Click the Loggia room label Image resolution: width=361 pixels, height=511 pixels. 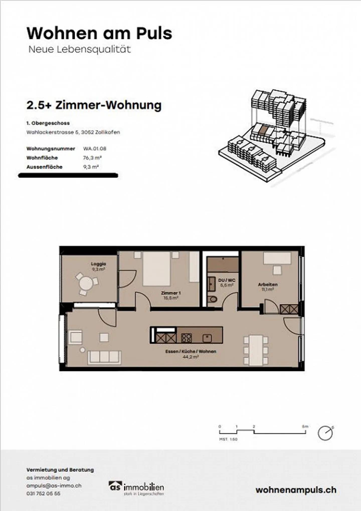pyautogui.click(x=98, y=264)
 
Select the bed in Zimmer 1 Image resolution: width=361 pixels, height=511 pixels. pyautogui.click(x=156, y=269)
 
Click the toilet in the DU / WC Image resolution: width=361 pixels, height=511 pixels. pyautogui.click(x=213, y=299)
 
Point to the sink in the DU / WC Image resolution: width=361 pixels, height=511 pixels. pyautogui.click(x=211, y=284)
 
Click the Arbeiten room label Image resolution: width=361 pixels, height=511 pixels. pyautogui.click(x=267, y=284)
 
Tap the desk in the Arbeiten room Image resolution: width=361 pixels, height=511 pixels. pyautogui.click(x=277, y=258)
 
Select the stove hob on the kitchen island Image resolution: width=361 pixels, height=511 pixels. pyautogui.click(x=186, y=338)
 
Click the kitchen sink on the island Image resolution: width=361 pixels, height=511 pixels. pyautogui.click(x=207, y=338)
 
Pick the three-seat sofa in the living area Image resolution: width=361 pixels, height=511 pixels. pyautogui.click(x=104, y=357)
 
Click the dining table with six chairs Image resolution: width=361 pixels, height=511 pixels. pyautogui.click(x=256, y=350)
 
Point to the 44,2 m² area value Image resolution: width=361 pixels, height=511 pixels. pyautogui.click(x=191, y=357)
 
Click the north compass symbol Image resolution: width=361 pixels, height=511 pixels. pyautogui.click(x=325, y=433)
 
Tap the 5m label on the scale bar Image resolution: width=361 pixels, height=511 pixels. pyautogui.click(x=305, y=426)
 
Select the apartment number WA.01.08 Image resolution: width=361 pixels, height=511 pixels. pyautogui.click(x=95, y=149)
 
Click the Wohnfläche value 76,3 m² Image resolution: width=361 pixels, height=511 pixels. pyautogui.click(x=92, y=158)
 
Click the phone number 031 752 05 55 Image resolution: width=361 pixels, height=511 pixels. pyautogui.click(x=43, y=493)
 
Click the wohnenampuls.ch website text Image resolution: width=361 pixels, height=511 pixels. pyautogui.click(x=296, y=490)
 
